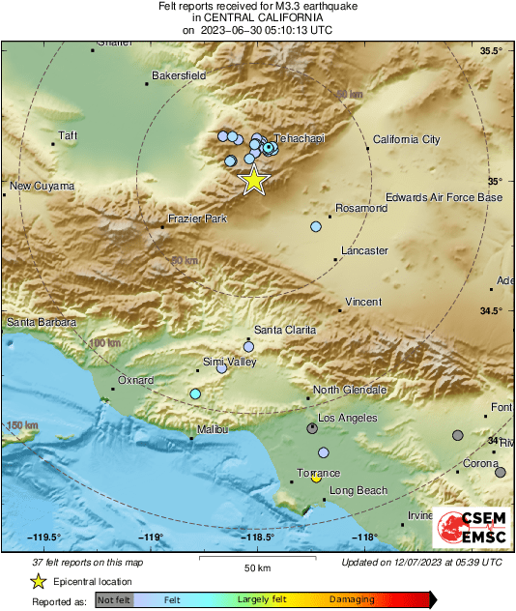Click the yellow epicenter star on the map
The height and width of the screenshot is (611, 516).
253,180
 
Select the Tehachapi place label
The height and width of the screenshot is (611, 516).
302,139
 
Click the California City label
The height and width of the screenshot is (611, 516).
406,139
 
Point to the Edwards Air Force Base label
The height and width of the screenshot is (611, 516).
444,197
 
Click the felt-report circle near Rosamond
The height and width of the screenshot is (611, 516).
316,226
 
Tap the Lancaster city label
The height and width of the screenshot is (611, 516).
364,250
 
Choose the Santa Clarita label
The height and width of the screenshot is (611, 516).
285,330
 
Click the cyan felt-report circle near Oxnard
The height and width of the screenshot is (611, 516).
195,393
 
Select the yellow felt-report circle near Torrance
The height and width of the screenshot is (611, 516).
316,479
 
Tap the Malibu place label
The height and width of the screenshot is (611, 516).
213,428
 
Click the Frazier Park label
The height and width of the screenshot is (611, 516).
197,219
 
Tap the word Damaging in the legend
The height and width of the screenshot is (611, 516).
353,599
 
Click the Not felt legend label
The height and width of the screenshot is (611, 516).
115,599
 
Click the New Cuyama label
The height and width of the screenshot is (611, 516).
43,186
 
